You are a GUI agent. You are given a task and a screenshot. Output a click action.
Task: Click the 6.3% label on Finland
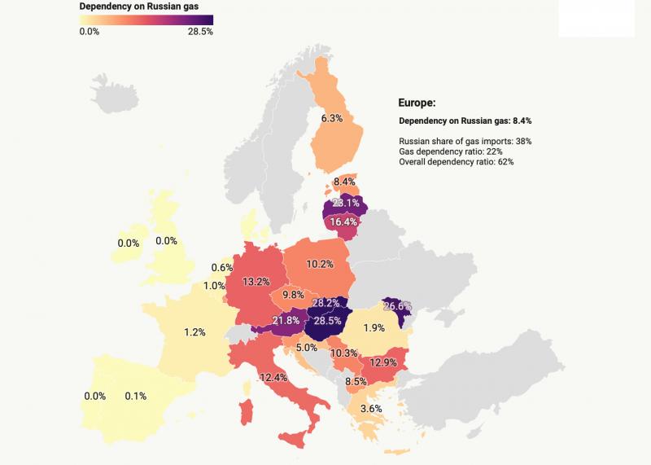[x=331, y=118]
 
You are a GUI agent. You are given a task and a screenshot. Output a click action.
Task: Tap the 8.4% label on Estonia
[x=344, y=182]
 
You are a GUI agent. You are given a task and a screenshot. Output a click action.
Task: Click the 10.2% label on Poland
[x=320, y=264]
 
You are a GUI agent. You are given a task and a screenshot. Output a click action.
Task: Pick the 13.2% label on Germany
[x=256, y=281]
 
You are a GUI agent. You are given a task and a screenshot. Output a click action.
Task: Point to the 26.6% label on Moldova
[x=397, y=306]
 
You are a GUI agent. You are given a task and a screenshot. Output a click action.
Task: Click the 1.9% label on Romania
[x=374, y=328]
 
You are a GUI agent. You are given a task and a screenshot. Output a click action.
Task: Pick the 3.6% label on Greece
[x=371, y=408]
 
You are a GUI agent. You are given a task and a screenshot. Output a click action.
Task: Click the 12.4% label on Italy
[x=274, y=377]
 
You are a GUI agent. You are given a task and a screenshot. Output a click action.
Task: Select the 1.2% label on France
[x=194, y=332]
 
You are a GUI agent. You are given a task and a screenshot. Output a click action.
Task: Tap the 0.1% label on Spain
[x=135, y=397]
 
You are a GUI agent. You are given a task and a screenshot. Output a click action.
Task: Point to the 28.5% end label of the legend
[x=199, y=31]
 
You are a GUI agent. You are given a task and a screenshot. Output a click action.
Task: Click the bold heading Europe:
[x=417, y=103]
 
